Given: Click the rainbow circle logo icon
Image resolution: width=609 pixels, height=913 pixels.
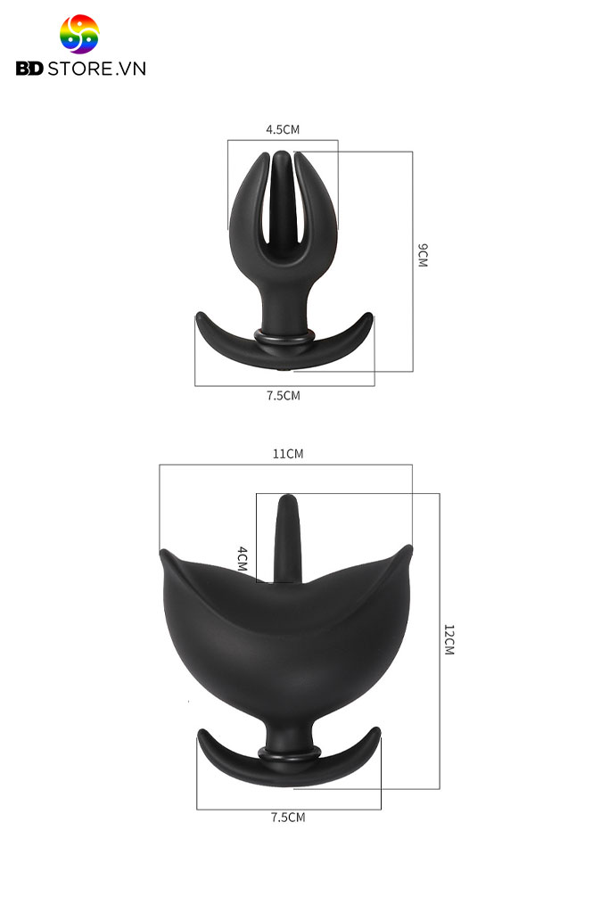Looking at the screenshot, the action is coord(79,34).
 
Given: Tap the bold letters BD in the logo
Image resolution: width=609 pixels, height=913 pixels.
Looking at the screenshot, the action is coord(29,69).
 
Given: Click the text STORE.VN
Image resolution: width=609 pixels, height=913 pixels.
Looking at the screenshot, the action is coord(96,69).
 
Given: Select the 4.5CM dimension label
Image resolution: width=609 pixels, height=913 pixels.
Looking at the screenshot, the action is coord(283,129).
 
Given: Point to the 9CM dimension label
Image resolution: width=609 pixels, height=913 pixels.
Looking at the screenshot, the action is coord(423,256).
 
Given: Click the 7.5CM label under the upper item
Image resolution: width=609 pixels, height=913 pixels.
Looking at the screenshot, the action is coord(284,395).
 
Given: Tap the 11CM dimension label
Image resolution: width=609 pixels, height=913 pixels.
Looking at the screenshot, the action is coord(288,454).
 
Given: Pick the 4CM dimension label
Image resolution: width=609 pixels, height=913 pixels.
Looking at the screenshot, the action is coord(243,559).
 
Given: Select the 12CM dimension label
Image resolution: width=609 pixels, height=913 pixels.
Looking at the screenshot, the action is coord(449,640).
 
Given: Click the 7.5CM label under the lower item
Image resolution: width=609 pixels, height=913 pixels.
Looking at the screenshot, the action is coord(288,818).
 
